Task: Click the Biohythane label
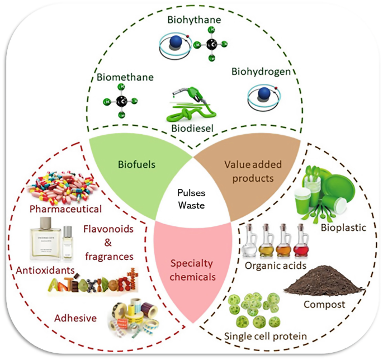click(194, 21)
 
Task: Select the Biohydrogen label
click(261, 73)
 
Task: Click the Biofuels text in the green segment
click(134, 165)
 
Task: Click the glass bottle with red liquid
click(302, 241)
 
